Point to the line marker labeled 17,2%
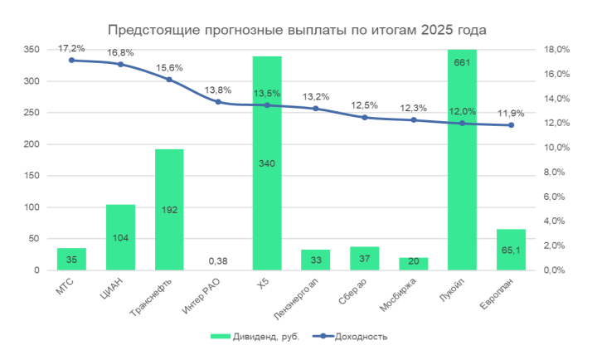71,60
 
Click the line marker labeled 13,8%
218,102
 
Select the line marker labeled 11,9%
511,125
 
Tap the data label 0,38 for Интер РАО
218,260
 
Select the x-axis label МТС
66,286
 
